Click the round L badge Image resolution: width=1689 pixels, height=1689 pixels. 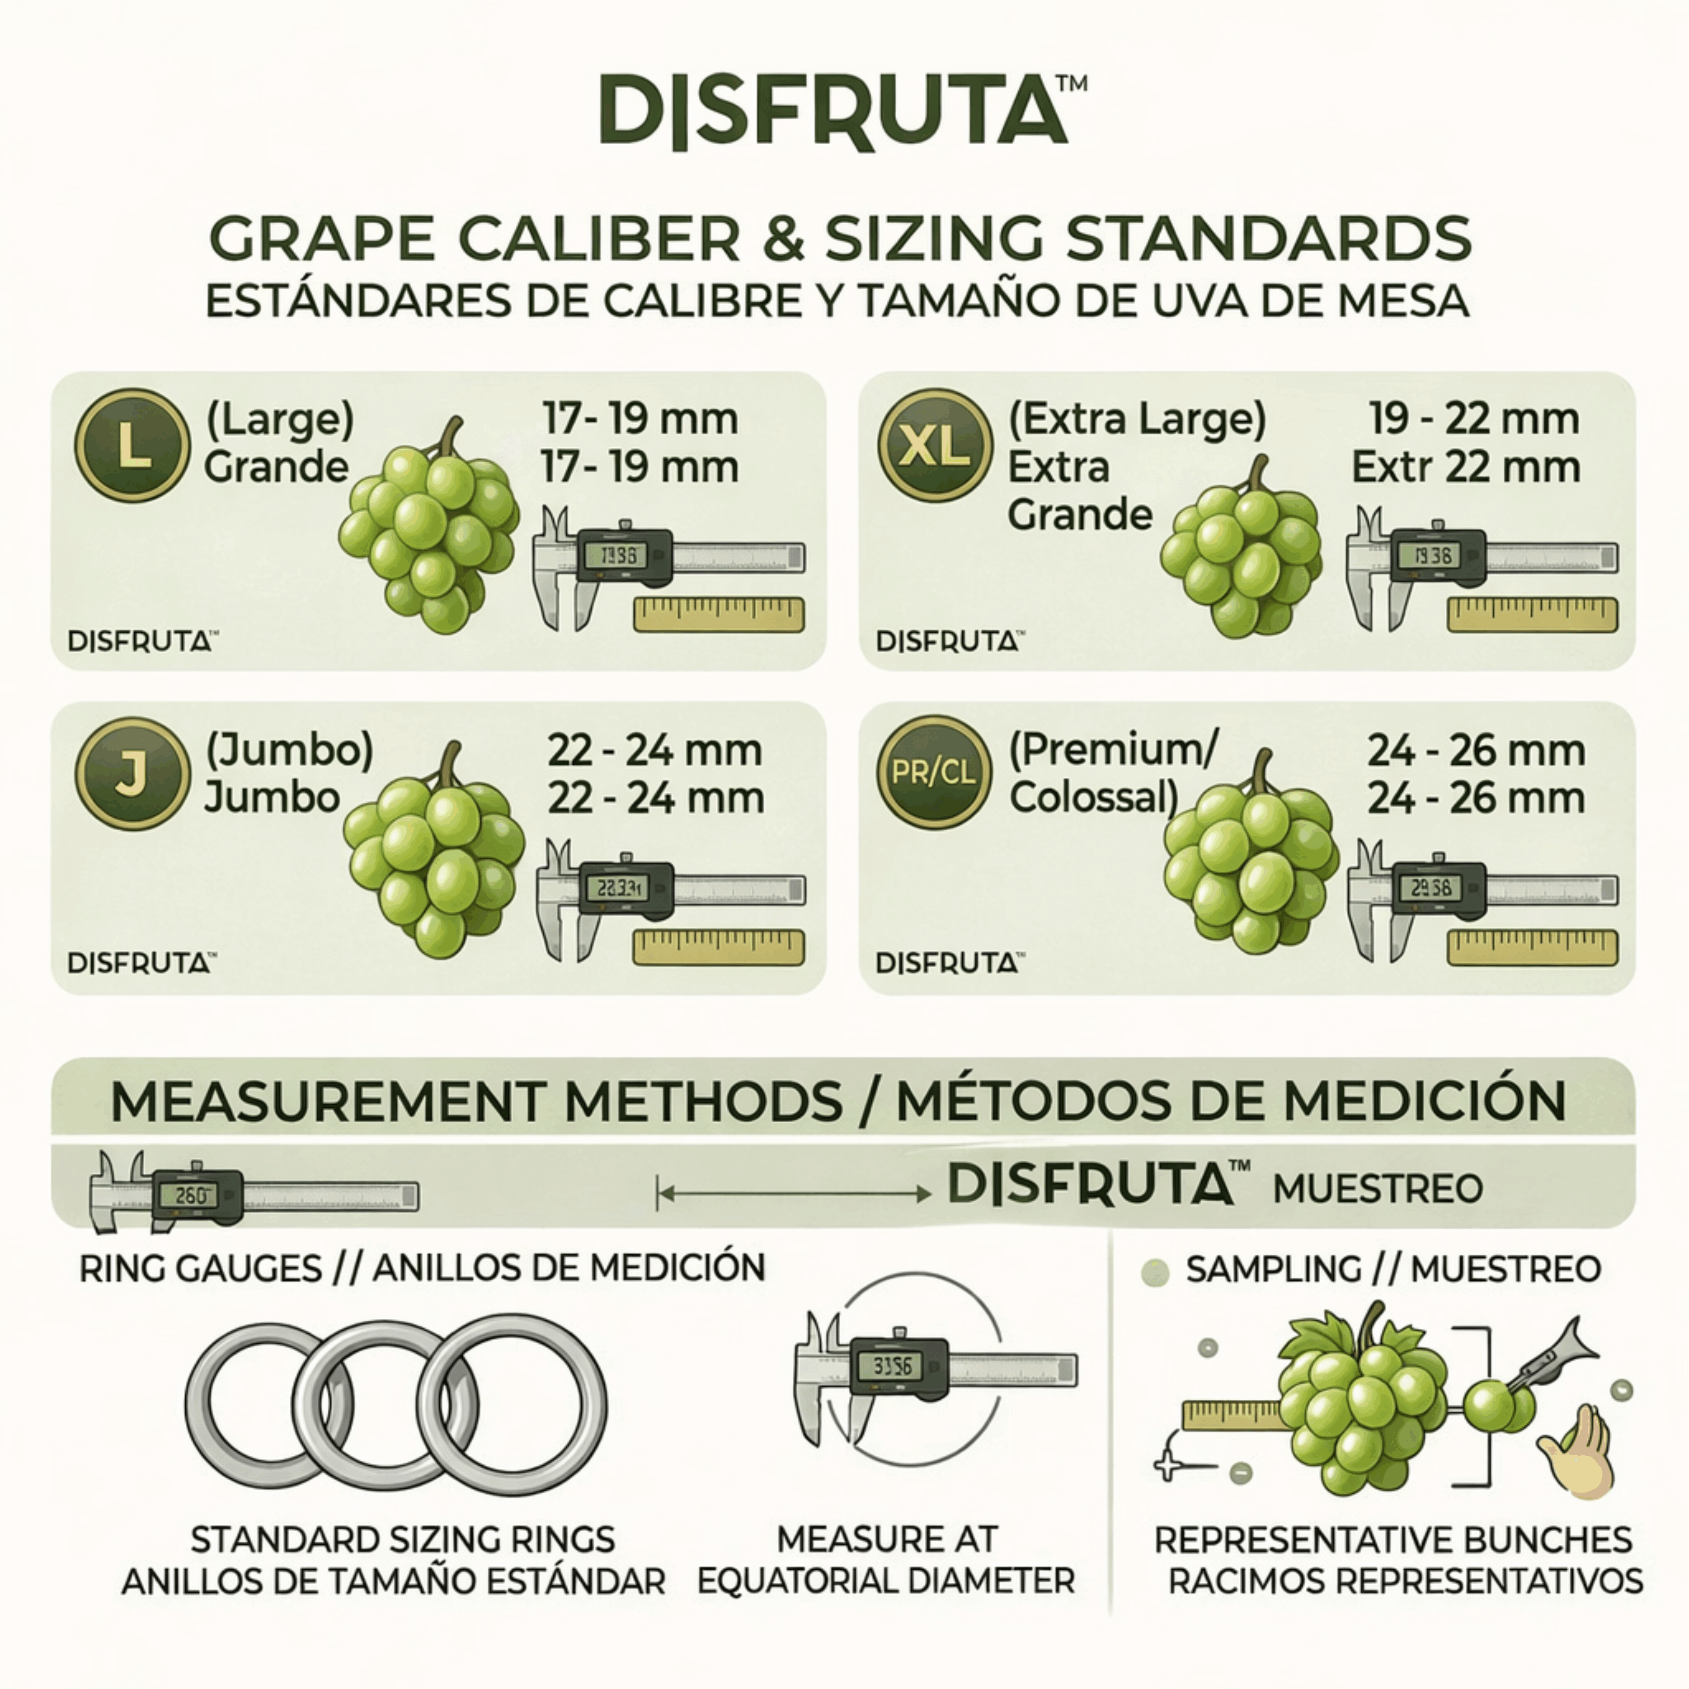pyautogui.click(x=132, y=445)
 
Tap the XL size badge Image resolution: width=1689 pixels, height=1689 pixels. pyautogui.click(x=935, y=445)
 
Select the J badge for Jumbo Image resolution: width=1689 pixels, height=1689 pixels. pyautogui.click(x=132, y=773)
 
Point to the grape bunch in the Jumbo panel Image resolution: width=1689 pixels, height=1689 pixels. pyautogui.click(x=434, y=852)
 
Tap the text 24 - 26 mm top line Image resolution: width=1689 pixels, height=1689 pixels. pyautogui.click(x=1476, y=750)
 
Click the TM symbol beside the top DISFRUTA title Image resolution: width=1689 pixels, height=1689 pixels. pyautogui.click(x=1072, y=83)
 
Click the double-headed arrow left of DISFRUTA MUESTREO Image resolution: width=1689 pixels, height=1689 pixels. pyautogui.click(x=793, y=1193)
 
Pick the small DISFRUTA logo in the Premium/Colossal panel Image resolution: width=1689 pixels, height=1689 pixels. pyautogui.click(x=950, y=963)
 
